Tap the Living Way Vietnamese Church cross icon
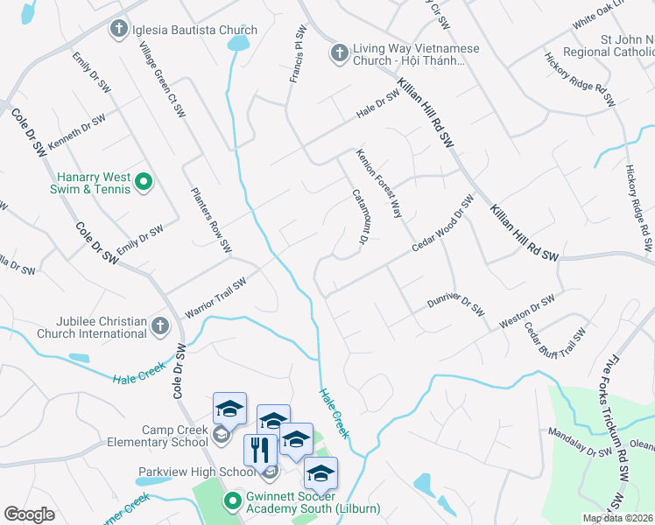tap(339, 53)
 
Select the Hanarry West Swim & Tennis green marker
tap(144, 183)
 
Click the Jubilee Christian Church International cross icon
tap(158, 326)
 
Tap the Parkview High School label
tap(197, 472)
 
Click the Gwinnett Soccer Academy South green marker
tap(232, 501)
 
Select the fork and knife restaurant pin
tap(260, 451)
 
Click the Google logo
tap(29, 514)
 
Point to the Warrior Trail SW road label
tap(215, 298)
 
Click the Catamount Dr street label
tap(358, 215)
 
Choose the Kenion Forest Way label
tap(378, 183)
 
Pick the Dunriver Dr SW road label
tap(455, 304)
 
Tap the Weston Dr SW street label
tap(526, 312)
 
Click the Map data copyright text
tap(617, 518)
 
